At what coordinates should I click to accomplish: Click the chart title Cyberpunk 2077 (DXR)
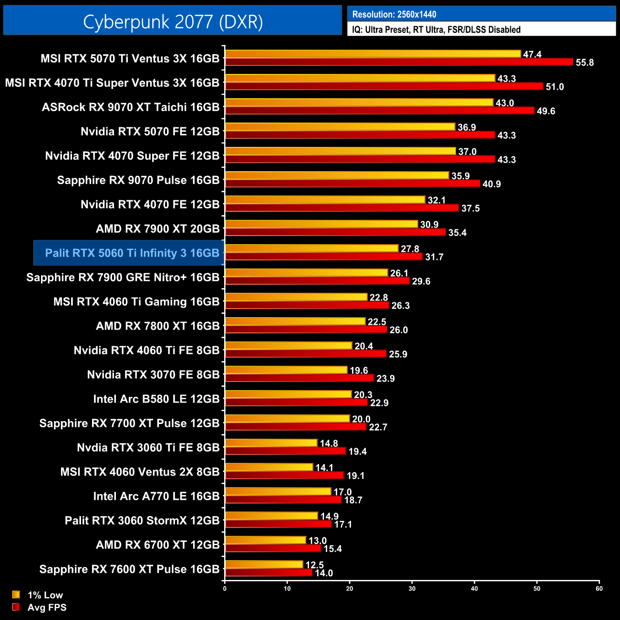click(173, 21)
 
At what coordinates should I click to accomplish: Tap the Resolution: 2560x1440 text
click(394, 14)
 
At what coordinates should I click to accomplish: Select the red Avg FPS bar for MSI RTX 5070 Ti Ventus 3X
click(399, 62)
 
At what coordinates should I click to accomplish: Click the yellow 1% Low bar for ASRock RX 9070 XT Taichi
click(359, 103)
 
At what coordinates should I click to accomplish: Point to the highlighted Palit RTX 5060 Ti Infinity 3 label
click(132, 253)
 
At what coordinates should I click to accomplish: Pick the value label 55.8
click(585, 62)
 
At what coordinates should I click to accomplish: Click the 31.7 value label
click(434, 257)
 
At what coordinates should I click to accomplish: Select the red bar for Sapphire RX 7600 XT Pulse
click(269, 572)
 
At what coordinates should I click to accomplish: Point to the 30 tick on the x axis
click(412, 589)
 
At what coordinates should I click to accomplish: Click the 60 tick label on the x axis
click(599, 589)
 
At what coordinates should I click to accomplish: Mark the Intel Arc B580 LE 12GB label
click(156, 399)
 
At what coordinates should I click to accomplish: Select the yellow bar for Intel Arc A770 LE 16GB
click(278, 491)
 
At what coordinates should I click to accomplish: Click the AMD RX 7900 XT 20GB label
click(157, 228)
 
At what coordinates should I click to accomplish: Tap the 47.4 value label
click(532, 54)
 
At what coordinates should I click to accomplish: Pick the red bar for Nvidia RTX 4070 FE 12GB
click(342, 208)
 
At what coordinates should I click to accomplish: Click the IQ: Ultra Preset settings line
click(436, 30)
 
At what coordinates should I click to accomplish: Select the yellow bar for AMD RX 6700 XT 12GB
click(265, 540)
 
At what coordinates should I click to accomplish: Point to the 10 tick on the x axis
click(287, 589)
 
